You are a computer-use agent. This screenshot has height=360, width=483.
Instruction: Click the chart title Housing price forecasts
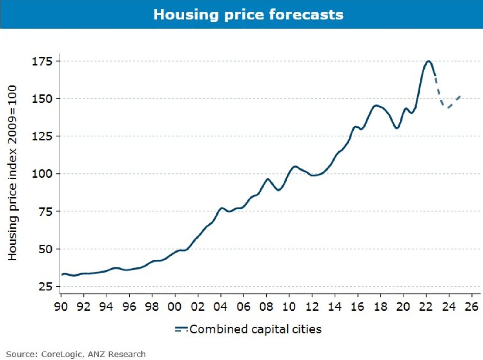tap(248, 15)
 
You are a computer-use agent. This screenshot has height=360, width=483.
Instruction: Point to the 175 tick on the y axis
tap(42, 61)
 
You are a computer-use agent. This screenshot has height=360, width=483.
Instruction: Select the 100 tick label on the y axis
tap(42, 174)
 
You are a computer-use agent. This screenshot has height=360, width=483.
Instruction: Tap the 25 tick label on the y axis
tap(46, 287)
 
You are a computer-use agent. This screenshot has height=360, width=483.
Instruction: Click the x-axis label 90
tap(61, 307)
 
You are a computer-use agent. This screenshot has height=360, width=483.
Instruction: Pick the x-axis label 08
tap(266, 307)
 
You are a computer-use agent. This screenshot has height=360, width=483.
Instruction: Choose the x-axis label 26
tap(471, 307)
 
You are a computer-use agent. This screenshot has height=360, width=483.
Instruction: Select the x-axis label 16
tap(357, 307)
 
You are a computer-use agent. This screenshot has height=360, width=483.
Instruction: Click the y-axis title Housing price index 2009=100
tap(12, 173)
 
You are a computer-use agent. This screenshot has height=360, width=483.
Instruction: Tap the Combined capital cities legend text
tap(255, 329)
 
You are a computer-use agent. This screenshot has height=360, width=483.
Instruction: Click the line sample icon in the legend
tap(181, 329)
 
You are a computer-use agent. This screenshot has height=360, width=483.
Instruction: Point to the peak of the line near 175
tap(428, 61)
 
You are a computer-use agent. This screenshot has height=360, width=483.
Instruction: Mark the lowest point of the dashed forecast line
tap(447, 107)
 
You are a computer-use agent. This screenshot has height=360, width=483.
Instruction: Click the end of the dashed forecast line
tap(460, 96)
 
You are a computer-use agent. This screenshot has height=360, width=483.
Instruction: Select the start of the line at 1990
tap(62, 274)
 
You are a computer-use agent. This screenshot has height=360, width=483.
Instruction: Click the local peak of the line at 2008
tap(267, 179)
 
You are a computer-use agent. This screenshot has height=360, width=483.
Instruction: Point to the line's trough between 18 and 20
tap(397, 128)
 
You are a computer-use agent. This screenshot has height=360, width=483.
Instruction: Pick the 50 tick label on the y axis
tap(46, 249)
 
